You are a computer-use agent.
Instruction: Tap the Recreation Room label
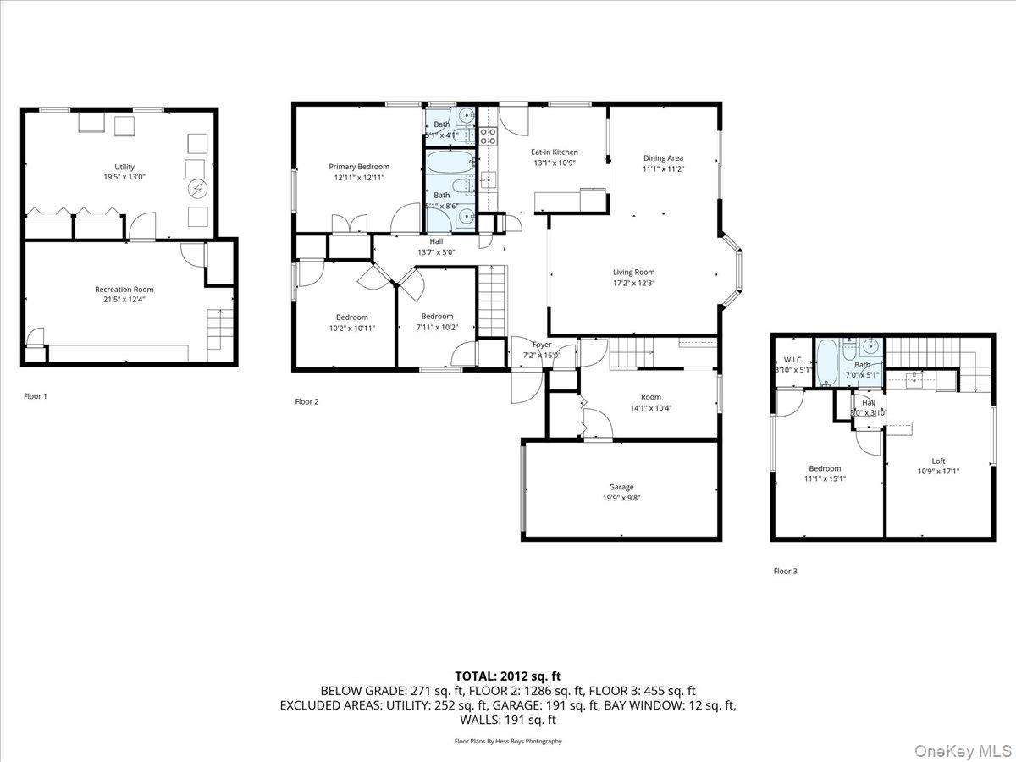[124, 289]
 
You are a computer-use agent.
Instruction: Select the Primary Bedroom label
[359, 167]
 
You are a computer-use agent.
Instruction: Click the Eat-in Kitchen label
[555, 152]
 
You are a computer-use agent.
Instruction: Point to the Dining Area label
[663, 157]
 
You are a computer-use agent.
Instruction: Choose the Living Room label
[634, 272]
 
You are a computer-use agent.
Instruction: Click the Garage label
[621, 487]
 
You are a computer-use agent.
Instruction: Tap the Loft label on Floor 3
[938, 461]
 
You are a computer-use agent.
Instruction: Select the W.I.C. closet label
[793, 359]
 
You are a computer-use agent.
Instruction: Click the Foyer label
[542, 345]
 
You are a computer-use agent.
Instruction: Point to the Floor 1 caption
[36, 395]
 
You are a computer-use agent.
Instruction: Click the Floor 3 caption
[785, 571]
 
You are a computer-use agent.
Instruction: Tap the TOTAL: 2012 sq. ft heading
[508, 676]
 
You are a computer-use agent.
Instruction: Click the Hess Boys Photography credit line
[508, 741]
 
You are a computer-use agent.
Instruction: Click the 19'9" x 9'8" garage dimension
[621, 498]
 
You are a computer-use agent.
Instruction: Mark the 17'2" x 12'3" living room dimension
[634, 283]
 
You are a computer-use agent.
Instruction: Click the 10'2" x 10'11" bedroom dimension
[351, 328]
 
